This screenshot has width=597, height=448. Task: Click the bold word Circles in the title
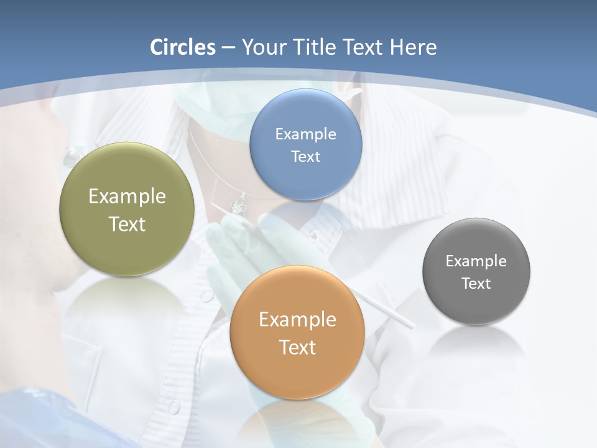[183, 47]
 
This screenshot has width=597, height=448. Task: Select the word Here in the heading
[413, 47]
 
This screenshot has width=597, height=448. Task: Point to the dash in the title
[228, 48]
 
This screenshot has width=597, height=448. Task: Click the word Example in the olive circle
[127, 197]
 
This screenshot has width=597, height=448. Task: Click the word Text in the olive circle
[127, 224]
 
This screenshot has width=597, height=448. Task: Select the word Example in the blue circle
[305, 134]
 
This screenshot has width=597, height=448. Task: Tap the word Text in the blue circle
[305, 156]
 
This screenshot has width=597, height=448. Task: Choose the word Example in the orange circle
[297, 320]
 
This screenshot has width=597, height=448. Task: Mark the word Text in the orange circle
[297, 347]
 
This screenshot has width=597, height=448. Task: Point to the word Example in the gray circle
[476, 261]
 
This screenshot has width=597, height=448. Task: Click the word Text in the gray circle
[476, 283]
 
